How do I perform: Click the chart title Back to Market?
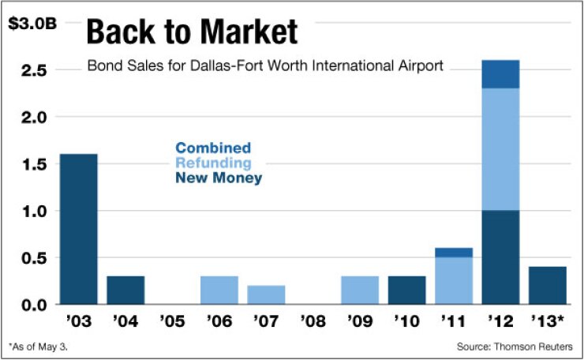(x=192, y=33)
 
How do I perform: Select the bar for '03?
(x=78, y=229)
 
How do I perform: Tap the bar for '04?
(x=125, y=291)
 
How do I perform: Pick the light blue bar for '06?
(x=219, y=291)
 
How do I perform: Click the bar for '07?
(x=266, y=295)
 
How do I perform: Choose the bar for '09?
(x=360, y=291)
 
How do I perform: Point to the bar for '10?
(x=406, y=291)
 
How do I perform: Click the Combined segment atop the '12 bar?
(x=500, y=74)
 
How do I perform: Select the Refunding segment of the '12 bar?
(x=500, y=150)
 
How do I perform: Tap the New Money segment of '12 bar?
(x=500, y=257)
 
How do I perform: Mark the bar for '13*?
(x=548, y=286)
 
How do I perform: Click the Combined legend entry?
(x=213, y=148)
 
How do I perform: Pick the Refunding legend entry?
(x=213, y=163)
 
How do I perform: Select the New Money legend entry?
(x=219, y=179)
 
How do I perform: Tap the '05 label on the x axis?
(x=172, y=323)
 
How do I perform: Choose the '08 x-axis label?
(x=313, y=323)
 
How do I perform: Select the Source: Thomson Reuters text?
(x=518, y=347)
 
